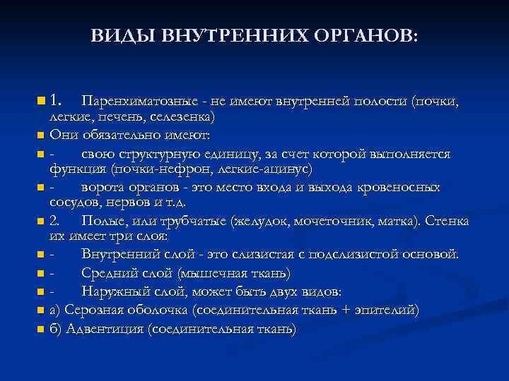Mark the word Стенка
[x=447, y=222]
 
